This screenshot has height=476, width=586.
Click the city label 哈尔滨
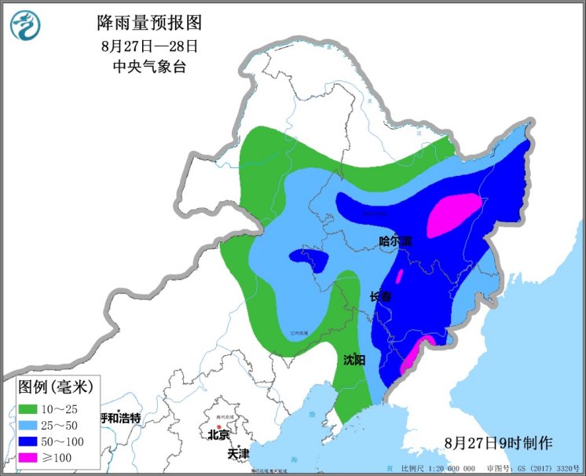(395, 241)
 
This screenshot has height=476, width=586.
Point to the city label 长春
(381, 297)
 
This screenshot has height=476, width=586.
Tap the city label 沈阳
(354, 360)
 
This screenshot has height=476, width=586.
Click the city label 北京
(218, 434)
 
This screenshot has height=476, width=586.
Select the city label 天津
(238, 454)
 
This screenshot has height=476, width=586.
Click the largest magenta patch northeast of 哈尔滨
(454, 214)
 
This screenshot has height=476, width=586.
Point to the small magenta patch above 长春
(399, 276)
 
